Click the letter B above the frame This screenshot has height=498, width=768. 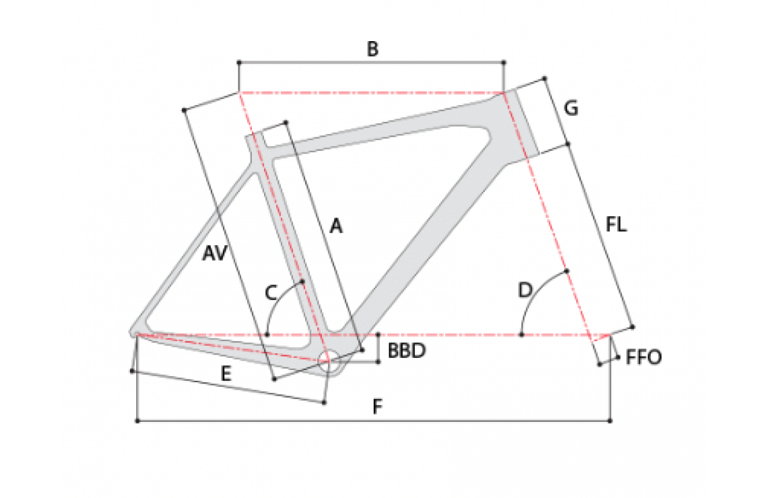tap(373, 49)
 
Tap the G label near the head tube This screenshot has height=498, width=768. tap(571, 108)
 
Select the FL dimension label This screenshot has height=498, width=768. tap(616, 224)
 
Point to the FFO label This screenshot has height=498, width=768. tap(643, 357)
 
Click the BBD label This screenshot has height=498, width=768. tap(406, 350)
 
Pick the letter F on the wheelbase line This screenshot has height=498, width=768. tap(377, 406)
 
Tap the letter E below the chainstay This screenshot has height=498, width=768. tap(225, 374)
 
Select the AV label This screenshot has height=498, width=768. tap(215, 253)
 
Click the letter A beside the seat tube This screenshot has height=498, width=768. tap(335, 226)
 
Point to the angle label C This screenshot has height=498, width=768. tap(271, 293)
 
